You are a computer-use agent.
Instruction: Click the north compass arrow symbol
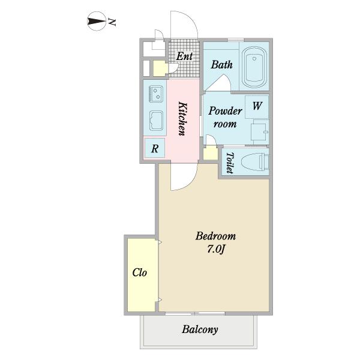pyautogui.click(x=97, y=22)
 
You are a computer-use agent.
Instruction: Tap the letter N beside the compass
pyautogui.click(x=112, y=22)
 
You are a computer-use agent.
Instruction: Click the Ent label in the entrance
pyautogui.click(x=184, y=56)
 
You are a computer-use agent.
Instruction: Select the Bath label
pyautogui.click(x=221, y=65)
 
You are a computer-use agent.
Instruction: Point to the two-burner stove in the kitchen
pyautogui.click(x=156, y=94)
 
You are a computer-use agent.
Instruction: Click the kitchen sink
pyautogui.click(x=156, y=121)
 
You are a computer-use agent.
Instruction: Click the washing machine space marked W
pyautogui.click(x=257, y=107)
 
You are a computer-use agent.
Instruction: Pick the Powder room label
pyautogui.click(x=225, y=117)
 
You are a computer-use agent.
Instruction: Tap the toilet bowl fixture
pyautogui.click(x=256, y=162)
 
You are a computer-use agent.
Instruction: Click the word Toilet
pyautogui.click(x=230, y=163)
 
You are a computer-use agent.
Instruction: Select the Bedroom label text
pyautogui.click(x=215, y=236)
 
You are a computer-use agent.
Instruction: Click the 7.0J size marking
pyautogui.click(x=215, y=249)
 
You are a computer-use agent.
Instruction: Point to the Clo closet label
pyautogui.click(x=140, y=272)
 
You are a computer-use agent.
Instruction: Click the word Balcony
pyautogui.click(x=200, y=330)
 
